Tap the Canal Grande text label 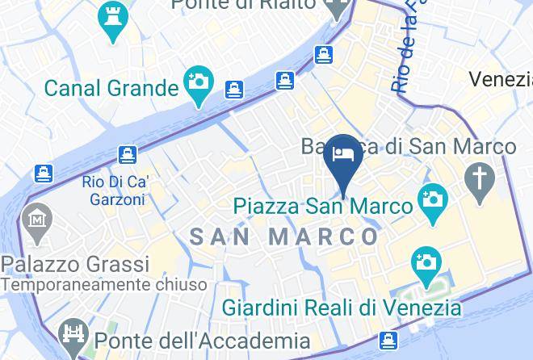pyautogui.click(x=111, y=87)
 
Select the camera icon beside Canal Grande pyautogui.click(x=197, y=84)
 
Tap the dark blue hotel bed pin pyautogui.click(x=345, y=155)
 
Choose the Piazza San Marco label pyautogui.click(x=322, y=206)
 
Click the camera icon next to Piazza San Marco pyautogui.click(x=432, y=199)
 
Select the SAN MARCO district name pyautogui.click(x=283, y=237)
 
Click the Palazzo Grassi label pyautogui.click(x=75, y=265)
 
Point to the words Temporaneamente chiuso pyautogui.click(x=103, y=284)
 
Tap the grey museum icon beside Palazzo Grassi pyautogui.click(x=37, y=219)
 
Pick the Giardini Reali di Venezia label pyautogui.click(x=341, y=308)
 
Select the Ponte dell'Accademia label pyautogui.click(x=201, y=341)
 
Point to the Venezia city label pyautogui.click(x=501, y=79)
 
